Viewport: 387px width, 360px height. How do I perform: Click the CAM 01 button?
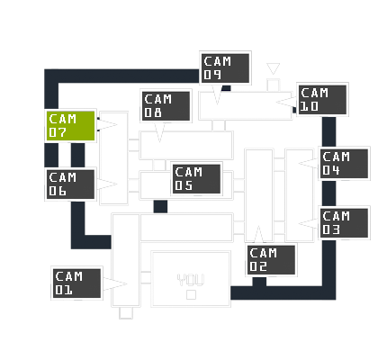76,283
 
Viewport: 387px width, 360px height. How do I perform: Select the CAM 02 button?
271,260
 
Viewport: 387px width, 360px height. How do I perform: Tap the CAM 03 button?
344,223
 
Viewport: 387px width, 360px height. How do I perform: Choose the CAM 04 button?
344,164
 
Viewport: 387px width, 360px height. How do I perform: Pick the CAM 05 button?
196,179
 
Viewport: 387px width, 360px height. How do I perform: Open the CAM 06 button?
70,184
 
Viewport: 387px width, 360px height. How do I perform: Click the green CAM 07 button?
70,126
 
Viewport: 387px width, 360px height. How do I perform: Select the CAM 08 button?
166,106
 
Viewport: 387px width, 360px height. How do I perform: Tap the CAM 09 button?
225,68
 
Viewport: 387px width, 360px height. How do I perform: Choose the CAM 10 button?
322,100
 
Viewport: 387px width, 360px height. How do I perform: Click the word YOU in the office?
191,280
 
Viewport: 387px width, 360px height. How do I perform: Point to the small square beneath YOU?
191,295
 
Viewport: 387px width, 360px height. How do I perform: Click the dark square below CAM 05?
160,206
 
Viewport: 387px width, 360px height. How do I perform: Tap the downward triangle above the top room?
274,67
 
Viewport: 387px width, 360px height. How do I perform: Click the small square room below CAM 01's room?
126,313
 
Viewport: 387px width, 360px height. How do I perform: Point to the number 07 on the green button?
58,132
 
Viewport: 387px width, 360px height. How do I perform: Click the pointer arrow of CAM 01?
115,283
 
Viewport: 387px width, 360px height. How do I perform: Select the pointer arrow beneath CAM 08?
159,132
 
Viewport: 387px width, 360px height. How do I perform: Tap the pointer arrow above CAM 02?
258,234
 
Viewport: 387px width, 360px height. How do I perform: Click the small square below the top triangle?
274,85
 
